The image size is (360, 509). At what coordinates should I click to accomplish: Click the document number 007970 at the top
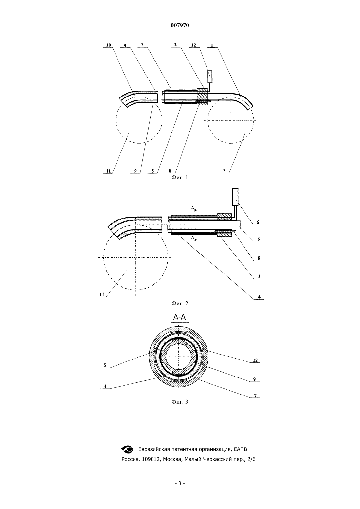180,26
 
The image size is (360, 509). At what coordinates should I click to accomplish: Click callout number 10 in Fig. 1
109,45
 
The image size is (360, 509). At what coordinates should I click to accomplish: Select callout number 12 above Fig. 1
194,45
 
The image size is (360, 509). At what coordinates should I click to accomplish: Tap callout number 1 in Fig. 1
212,45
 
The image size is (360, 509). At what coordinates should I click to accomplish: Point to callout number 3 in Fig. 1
224,171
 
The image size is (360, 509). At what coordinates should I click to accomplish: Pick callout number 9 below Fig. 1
135,171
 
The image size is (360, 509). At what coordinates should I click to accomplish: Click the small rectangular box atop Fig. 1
210,77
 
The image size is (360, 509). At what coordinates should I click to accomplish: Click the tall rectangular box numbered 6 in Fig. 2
235,196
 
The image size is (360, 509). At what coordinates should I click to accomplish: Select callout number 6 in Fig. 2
258,222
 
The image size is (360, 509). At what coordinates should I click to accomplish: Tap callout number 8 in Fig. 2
259,258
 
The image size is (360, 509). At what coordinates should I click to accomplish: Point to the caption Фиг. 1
180,178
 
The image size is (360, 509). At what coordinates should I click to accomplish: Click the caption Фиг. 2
180,303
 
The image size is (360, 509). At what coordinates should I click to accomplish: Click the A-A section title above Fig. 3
180,318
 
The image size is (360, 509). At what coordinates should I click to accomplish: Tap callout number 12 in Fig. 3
255,360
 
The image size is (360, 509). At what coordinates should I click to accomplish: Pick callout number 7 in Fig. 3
255,395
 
